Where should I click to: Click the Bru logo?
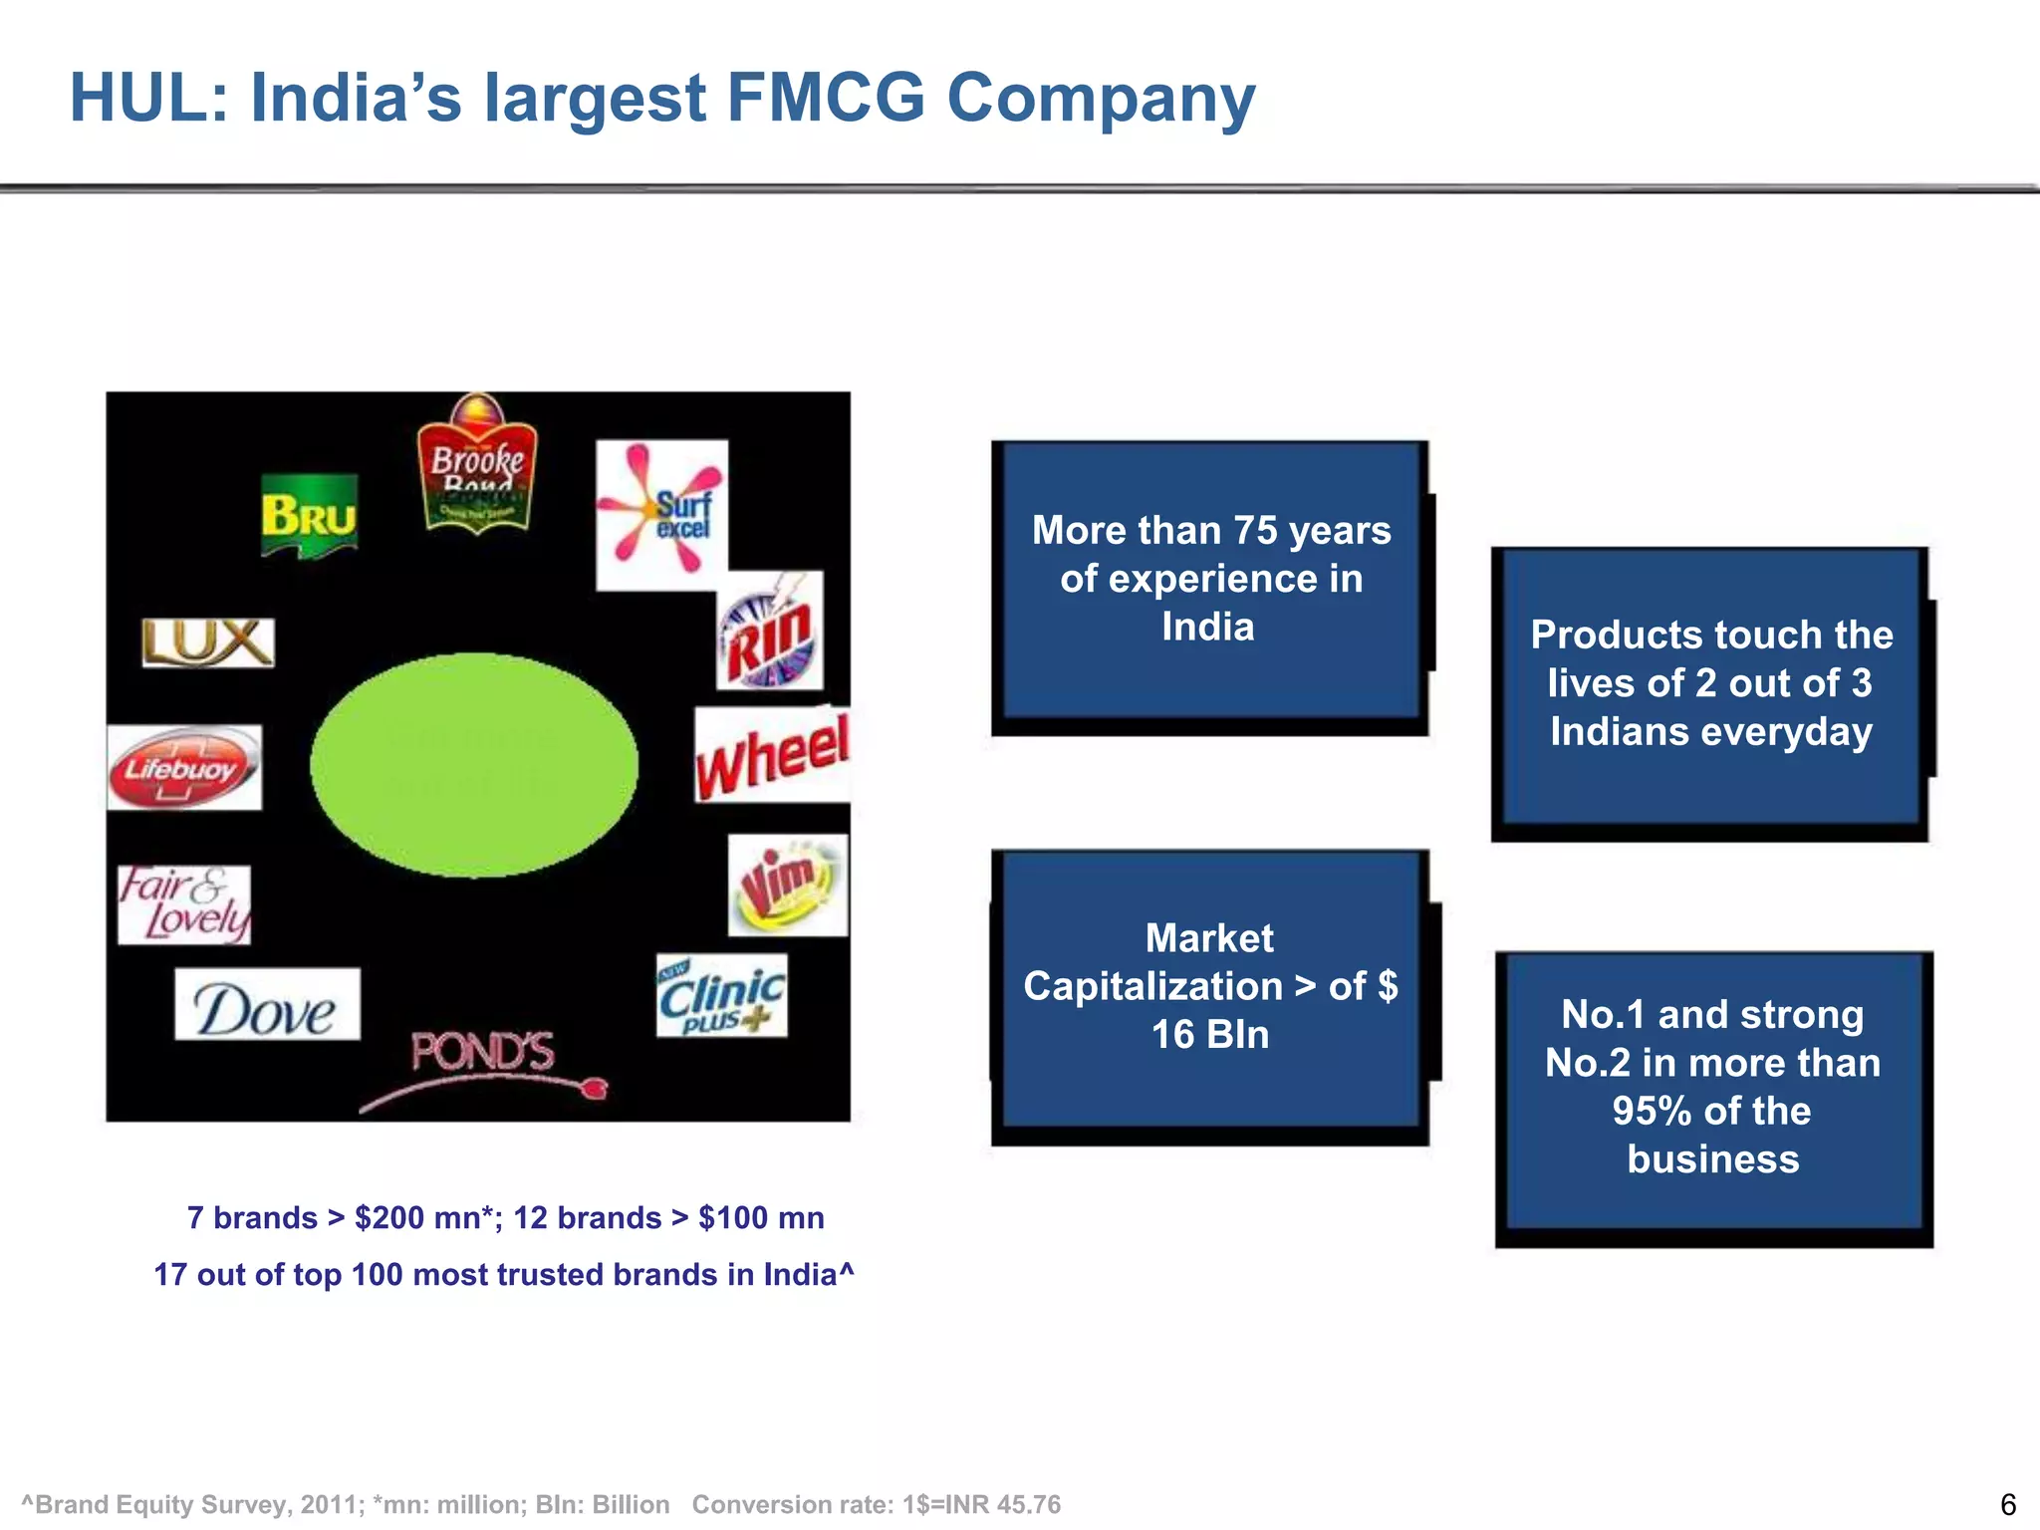[x=309, y=515]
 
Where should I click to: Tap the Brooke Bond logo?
[x=477, y=466]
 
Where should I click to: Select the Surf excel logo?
[x=662, y=514]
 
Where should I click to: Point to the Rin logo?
[x=770, y=631]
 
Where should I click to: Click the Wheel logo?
[x=772, y=755]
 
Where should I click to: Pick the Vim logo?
[x=788, y=885]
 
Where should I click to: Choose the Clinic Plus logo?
[x=721, y=995]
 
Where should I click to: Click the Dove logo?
[x=267, y=1005]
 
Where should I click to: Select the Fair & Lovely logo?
[x=184, y=904]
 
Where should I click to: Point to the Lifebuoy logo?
[x=184, y=768]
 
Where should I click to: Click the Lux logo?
[x=207, y=642]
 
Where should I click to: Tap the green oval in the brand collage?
[x=474, y=765]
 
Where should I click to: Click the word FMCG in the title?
[x=826, y=99]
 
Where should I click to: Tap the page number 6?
[x=2008, y=1504]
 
